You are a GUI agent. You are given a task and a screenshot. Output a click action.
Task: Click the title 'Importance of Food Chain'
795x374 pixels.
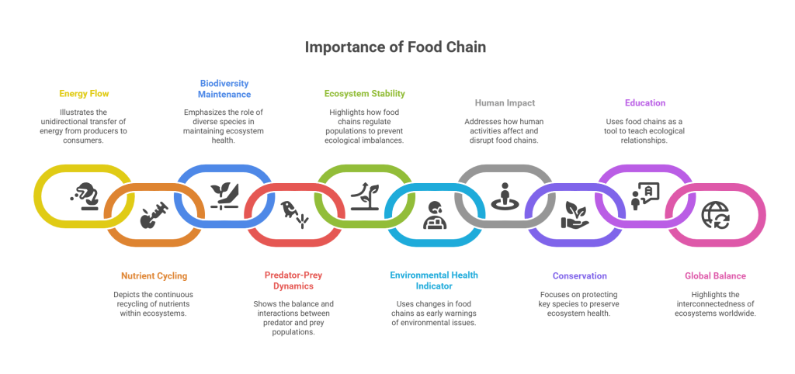pos(395,47)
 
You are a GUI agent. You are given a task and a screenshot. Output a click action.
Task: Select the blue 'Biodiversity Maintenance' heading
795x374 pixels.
pos(225,88)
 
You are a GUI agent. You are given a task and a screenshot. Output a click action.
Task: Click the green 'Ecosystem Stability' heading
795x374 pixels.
pos(364,94)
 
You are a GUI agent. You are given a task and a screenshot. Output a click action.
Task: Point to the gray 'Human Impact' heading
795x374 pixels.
pos(505,102)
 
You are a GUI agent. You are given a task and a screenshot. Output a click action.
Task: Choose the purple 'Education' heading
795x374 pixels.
pos(644,102)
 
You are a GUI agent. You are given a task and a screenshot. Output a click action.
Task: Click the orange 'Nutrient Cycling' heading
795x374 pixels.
pos(154,275)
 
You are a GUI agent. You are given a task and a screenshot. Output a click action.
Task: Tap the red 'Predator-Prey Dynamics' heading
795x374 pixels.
pos(294,280)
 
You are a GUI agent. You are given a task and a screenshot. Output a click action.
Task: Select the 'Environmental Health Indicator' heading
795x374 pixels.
pos(434,280)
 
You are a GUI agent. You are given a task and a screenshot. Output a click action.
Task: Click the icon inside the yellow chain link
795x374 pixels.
pos(83,197)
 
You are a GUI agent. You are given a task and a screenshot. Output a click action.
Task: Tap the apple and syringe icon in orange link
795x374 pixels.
pos(154,215)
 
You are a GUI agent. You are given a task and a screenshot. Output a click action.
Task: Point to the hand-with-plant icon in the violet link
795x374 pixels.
pos(575,215)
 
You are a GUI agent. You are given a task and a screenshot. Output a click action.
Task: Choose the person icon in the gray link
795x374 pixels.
pos(505,196)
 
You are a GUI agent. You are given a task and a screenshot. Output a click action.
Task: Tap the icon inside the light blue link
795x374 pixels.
pos(434,215)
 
